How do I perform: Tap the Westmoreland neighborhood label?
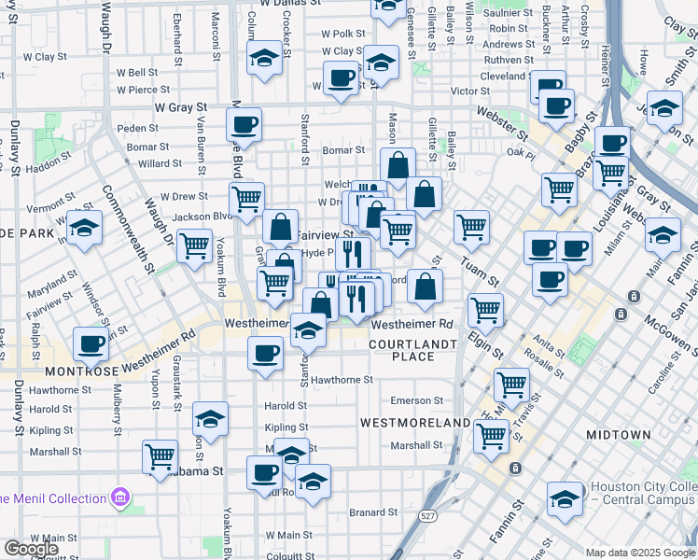pyautogui.click(x=415, y=423)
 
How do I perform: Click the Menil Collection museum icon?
pyautogui.click(x=120, y=498)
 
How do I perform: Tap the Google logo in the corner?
pyautogui.click(x=31, y=549)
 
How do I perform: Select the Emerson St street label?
pyautogui.click(x=416, y=400)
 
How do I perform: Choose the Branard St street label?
pyautogui.click(x=373, y=512)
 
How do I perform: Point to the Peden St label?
pyautogui.click(x=138, y=128)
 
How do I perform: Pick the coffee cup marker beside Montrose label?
pyautogui.click(x=91, y=343)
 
